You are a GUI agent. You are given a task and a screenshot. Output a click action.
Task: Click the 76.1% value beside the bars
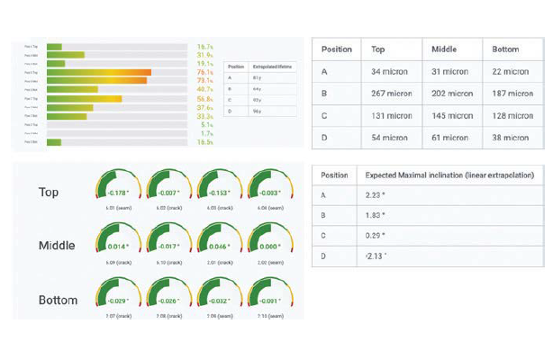pos(204,72)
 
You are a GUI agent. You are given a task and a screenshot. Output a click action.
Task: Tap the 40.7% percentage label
pos(204,89)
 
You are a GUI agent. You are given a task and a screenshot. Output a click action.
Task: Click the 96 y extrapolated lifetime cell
pos(257,110)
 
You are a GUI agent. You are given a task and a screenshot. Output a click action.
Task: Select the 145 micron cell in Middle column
pos(452,115)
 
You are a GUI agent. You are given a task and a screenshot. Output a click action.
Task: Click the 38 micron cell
pos(510,137)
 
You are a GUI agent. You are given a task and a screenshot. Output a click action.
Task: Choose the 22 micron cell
pos(510,71)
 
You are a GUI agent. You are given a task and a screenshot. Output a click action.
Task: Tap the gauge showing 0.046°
pos(217,240)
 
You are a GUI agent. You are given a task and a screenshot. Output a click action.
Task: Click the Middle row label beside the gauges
pos(57,246)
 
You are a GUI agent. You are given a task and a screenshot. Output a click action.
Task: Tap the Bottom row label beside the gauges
pos(57,300)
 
